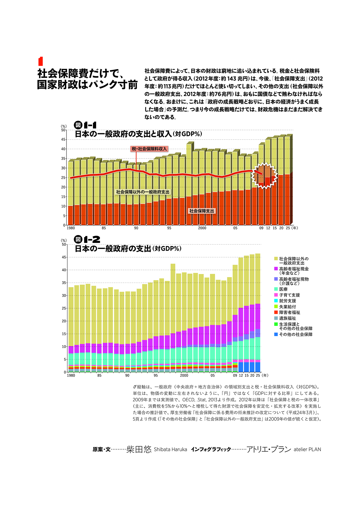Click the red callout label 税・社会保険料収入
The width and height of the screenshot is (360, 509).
149,149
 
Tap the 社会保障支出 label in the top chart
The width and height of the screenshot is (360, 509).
201,211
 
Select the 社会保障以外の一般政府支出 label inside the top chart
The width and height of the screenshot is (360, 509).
143,192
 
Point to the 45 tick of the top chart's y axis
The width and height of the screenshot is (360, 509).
63,140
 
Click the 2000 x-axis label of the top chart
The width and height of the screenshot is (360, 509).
202,228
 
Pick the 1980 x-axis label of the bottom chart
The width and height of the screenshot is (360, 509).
71,376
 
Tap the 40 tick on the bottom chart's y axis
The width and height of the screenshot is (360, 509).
64,270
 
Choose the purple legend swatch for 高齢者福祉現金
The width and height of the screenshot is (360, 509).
276,269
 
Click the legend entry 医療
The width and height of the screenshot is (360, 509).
283,289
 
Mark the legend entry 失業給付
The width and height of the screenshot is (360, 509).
287,307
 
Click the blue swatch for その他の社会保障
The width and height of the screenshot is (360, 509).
276,334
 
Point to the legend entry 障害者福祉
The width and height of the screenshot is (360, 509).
289,313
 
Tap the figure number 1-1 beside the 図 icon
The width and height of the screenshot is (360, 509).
90,125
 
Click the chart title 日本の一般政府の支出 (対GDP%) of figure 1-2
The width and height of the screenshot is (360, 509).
128,249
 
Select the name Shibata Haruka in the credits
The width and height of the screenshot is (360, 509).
170,450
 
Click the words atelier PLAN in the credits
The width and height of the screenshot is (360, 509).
307,450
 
